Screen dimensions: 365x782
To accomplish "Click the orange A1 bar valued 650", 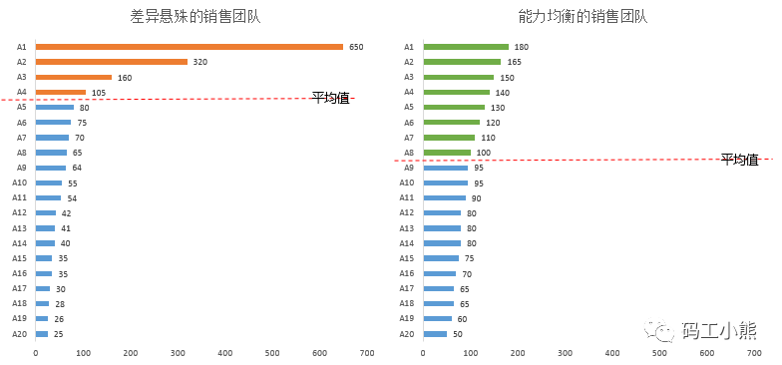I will (189, 47).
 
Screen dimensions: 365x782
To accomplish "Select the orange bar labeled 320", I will (111, 62).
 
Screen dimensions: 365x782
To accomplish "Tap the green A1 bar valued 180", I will (466, 47).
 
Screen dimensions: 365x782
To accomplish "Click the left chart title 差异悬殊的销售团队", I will (191, 17).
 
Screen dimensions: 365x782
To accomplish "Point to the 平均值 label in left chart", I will (330, 98).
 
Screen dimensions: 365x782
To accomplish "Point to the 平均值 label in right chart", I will (739, 160).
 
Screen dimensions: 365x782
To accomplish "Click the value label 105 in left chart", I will (99, 93).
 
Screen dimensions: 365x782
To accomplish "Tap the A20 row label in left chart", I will (20, 334).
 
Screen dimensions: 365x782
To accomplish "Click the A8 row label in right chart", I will (408, 153).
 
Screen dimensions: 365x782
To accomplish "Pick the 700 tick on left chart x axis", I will (367, 353).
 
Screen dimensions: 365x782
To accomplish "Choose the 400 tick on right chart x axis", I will (612, 353).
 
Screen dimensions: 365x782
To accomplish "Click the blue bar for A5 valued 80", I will (54, 108).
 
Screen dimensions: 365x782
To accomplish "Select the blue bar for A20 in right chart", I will (435, 334).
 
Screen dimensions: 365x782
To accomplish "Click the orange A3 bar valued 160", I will (73, 77).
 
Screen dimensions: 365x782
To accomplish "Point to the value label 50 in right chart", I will (457, 334).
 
